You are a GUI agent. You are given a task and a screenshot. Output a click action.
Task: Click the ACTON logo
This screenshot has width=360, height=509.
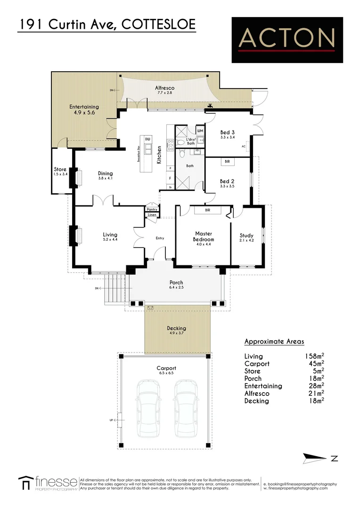[286, 40]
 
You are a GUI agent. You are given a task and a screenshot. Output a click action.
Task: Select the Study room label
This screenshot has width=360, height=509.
[246, 236]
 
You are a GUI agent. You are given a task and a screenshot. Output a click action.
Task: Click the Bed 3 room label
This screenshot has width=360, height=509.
[227, 132]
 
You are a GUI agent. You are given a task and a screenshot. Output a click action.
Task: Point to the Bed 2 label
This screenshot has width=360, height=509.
[227, 181]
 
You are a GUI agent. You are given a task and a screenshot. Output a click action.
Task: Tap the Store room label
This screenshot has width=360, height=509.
[60, 169]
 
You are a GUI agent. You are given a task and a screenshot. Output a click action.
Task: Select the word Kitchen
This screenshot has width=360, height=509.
[160, 152]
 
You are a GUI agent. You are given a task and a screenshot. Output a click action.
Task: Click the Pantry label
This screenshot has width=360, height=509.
[152, 209]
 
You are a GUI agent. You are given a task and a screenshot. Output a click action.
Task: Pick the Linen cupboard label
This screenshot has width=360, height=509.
[152, 215]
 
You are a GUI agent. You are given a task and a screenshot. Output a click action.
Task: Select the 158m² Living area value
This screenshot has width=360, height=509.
[314, 356]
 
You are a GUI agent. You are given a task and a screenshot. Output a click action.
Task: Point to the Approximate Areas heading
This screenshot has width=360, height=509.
[274, 342]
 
